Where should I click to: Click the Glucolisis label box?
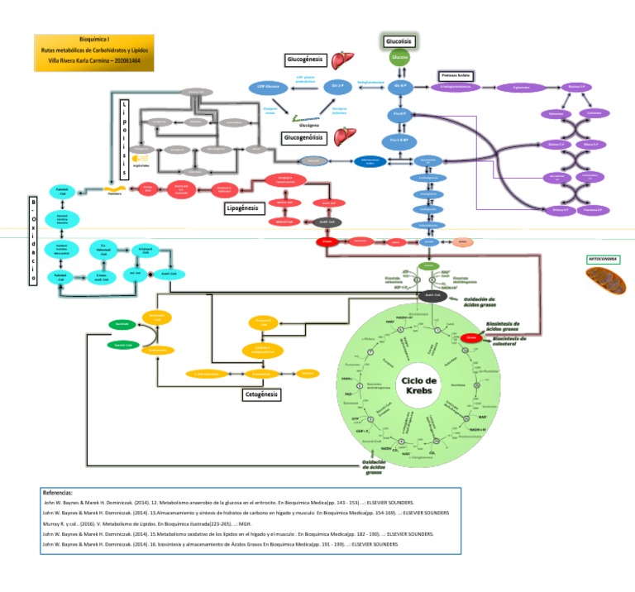pyautogui.click(x=399, y=41)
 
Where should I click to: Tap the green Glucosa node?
pyautogui.click(x=399, y=58)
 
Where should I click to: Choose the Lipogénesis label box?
pyautogui.click(x=246, y=208)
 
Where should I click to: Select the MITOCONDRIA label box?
pyautogui.click(x=602, y=259)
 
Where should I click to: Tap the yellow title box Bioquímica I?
pyautogui.click(x=94, y=51)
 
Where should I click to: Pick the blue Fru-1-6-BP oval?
pyautogui.click(x=399, y=139)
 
